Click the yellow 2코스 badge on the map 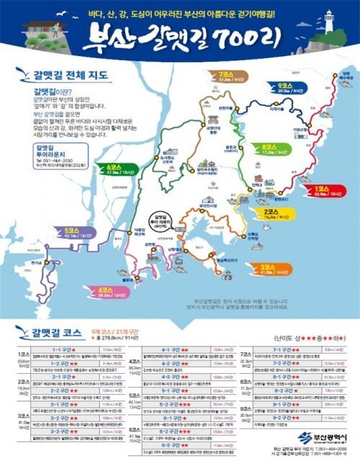coord(278,214)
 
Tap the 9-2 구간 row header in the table coord(282,417)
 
